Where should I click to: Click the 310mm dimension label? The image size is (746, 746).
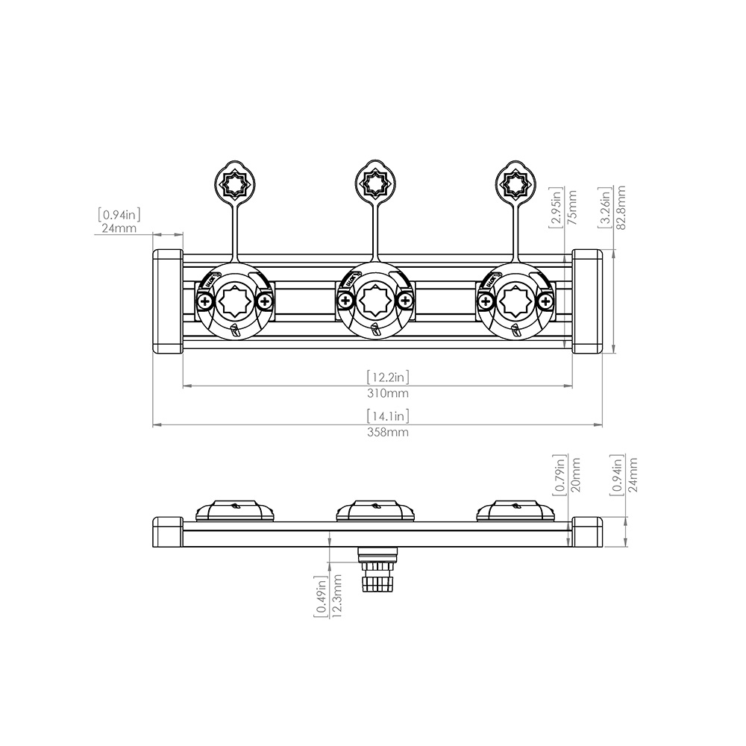point(387,393)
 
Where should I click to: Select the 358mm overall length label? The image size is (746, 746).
point(387,433)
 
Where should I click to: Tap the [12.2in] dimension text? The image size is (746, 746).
point(387,377)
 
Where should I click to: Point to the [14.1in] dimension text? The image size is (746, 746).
point(387,416)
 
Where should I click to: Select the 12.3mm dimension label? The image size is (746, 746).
point(336,598)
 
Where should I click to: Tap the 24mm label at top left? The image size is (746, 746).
point(119,228)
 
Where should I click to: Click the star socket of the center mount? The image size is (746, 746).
point(374,301)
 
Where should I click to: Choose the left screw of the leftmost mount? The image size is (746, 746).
point(204,301)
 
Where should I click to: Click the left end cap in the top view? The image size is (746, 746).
point(168,301)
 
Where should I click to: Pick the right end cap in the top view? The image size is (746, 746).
point(587,301)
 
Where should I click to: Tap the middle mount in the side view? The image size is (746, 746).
point(374,511)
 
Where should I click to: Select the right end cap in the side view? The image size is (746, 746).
point(587,532)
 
